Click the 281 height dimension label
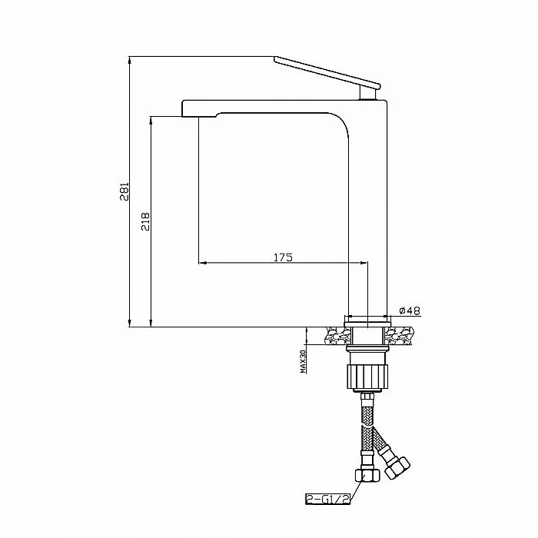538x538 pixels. (x=125, y=191)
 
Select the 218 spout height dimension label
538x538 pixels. (x=146, y=221)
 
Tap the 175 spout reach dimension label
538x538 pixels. (x=283, y=257)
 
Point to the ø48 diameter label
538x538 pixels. (x=410, y=311)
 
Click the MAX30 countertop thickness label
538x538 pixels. (x=303, y=362)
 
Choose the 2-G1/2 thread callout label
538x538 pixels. (x=327, y=499)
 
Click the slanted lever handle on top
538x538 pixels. (x=327, y=73)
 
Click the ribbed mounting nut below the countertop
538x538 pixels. (x=367, y=377)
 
